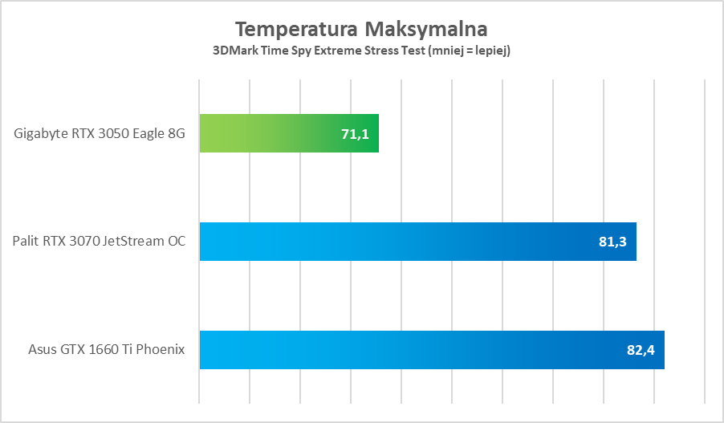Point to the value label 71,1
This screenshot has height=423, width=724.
(x=355, y=134)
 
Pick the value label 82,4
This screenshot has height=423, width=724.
(x=641, y=351)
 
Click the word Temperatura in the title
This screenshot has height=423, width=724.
(x=296, y=30)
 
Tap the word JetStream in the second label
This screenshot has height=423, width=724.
(x=136, y=242)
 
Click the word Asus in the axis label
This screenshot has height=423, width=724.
(x=42, y=351)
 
